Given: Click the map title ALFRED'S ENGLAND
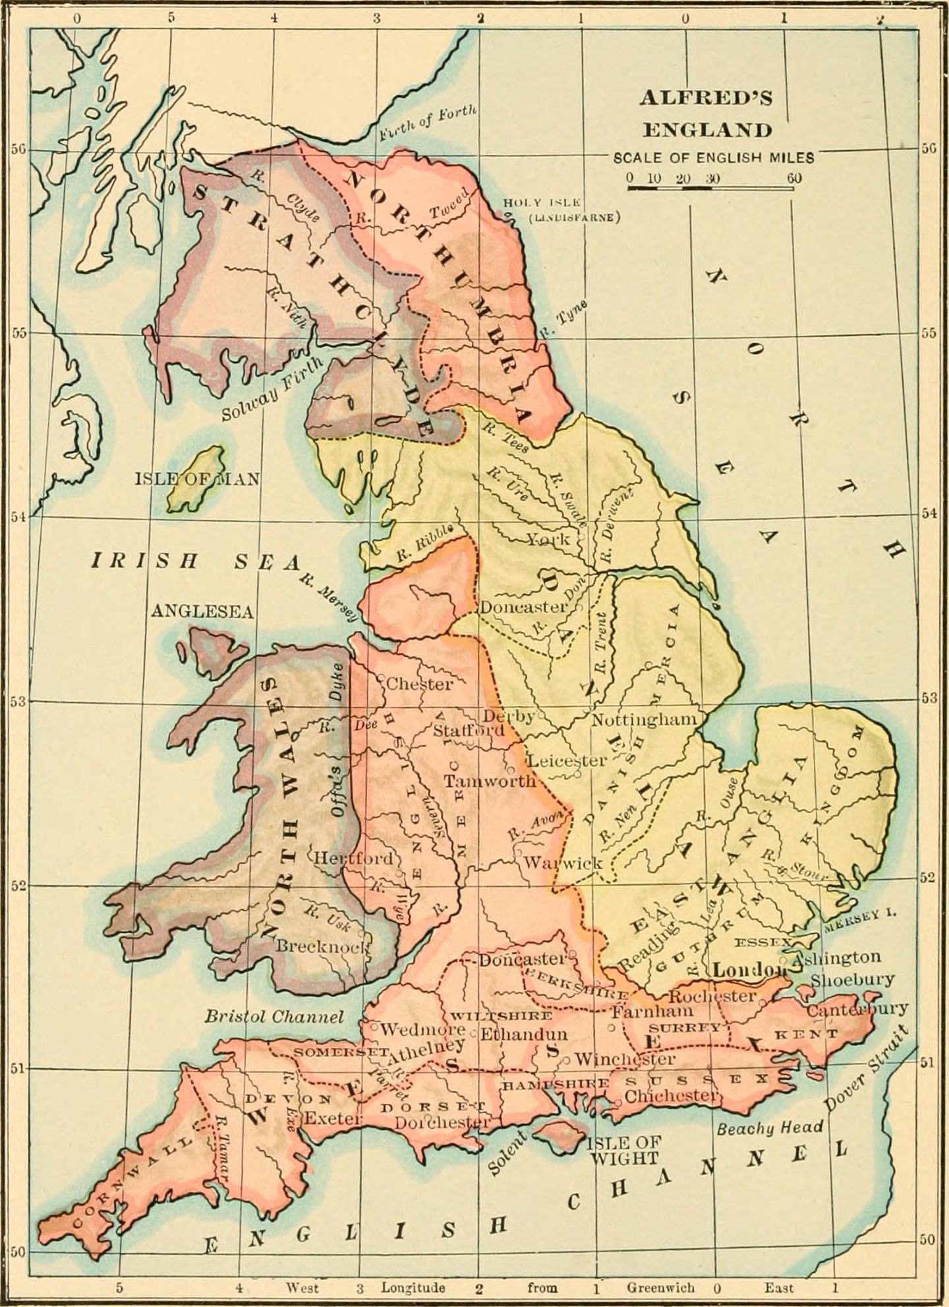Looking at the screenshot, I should pos(706,114).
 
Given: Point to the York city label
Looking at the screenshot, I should pos(548,539).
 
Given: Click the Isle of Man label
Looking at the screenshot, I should pos(197,479).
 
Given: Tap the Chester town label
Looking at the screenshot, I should pos(419,684).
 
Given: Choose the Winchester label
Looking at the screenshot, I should pos(625,1059).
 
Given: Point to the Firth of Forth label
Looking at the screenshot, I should pos(427,123).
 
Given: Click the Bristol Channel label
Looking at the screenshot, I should pos(273,1016).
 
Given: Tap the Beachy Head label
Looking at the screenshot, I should pos(770,1128).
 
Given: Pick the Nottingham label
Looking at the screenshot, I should pos(643,719).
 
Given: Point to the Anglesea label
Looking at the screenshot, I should pos(202,611).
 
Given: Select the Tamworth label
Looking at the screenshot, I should pos(489,781).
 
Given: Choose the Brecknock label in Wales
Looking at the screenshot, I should pos(322,946).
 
